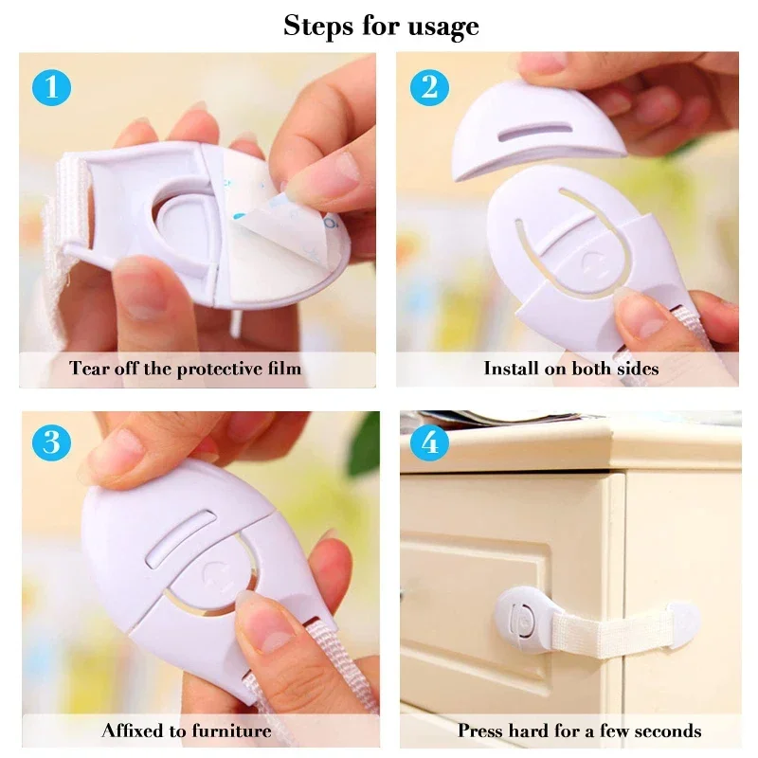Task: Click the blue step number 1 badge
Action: tap(51, 87)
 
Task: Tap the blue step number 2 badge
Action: tap(429, 87)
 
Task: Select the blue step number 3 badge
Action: tap(51, 442)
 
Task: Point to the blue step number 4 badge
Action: tap(429, 442)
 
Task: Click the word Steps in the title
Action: tap(319, 26)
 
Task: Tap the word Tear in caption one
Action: tap(90, 368)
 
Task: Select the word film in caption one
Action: tap(281, 368)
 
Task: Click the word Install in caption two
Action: tap(512, 368)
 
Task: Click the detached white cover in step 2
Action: tap(539, 128)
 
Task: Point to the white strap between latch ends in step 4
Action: tap(606, 630)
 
